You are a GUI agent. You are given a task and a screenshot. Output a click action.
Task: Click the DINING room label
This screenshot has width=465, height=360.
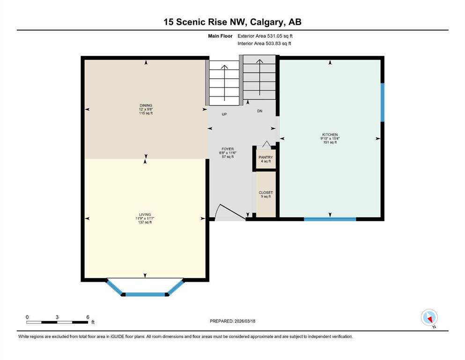pos(146,105)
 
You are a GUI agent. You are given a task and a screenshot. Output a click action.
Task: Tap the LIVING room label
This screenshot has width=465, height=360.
pos(145,215)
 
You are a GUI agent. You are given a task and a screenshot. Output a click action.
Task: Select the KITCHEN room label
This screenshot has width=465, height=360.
pos(330,135)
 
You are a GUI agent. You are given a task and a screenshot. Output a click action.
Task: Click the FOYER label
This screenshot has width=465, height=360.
pos(228,149)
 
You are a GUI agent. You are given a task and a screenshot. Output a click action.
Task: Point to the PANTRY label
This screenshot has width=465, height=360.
pos(266,157)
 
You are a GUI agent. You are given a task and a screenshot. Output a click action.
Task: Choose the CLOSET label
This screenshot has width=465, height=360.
pos(266,193)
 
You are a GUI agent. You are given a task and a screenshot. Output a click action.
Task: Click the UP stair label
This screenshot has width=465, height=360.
pos(224,114)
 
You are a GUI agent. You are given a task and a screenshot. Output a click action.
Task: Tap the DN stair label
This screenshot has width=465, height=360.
pos(260,111)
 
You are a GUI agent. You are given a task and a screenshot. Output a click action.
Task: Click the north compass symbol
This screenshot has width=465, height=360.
pos(429,317)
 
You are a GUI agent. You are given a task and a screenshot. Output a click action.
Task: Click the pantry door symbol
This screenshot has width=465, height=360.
pos(266,144)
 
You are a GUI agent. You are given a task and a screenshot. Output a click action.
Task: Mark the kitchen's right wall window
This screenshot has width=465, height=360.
pos(383,102)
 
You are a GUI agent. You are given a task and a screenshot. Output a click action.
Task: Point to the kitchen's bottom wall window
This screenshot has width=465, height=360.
pos(330,219)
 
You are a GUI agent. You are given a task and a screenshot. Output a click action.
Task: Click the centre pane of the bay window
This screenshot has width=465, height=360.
pos(146,294)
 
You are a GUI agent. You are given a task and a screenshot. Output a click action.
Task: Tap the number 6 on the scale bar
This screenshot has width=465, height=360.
pos(88,317)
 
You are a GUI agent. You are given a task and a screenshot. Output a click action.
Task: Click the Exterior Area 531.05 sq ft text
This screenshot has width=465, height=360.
pos(265,36)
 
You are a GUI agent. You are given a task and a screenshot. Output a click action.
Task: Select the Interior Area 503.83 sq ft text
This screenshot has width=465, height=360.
pos(264,43)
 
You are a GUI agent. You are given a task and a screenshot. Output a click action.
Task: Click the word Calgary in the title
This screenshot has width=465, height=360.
pos(266,22)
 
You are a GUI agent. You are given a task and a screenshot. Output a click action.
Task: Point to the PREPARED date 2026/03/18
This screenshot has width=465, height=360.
pos(245,321)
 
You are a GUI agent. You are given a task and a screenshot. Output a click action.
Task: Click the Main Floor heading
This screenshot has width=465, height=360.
pos(221,36)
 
